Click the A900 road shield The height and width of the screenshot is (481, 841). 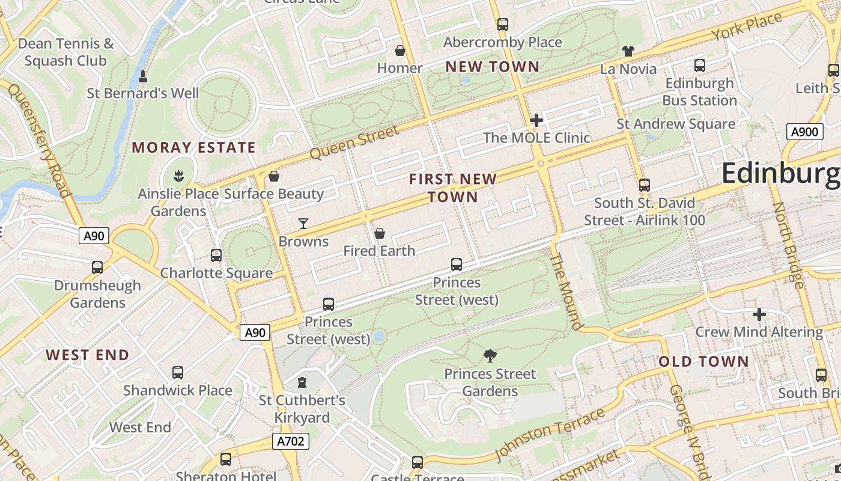coord(804,132)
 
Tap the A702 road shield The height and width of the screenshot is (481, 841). coord(291,441)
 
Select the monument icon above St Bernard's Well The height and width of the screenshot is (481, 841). coord(143,76)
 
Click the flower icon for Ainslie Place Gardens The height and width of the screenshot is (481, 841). coord(178,176)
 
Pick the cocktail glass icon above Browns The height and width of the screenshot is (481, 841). coord(303,224)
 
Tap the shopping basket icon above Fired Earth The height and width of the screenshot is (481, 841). coord(380,233)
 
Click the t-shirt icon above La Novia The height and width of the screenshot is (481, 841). coord(628,51)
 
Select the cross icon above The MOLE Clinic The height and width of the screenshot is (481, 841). coord(536,120)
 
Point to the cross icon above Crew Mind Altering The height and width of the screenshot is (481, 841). coord(759,314)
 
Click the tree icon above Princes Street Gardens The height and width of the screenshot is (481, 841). coord(490,356)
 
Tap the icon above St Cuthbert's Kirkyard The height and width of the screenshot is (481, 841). coord(302,382)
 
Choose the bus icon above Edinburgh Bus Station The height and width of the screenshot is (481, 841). coord(699,66)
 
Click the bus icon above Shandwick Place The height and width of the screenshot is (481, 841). coord(177,373)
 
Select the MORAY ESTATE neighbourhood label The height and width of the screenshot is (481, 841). coord(193,147)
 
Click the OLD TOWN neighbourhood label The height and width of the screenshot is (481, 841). coord(703,361)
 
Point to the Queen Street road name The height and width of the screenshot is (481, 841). coord(354,142)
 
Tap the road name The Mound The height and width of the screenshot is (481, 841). coord(566,291)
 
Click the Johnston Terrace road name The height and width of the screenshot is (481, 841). coord(550,434)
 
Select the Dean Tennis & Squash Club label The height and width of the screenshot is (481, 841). coord(65,52)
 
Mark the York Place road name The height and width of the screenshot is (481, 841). coord(747,26)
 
